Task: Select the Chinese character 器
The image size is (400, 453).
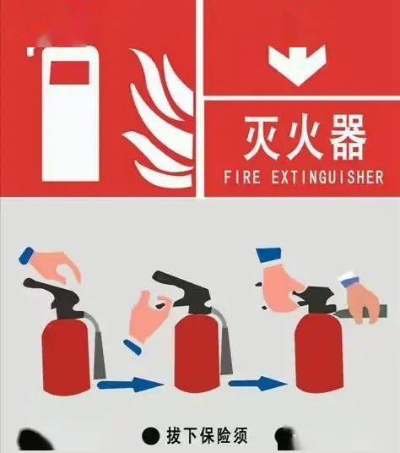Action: coord(345,137)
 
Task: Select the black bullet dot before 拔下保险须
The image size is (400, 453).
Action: coord(150,436)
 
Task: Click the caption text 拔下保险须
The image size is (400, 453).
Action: coord(208,436)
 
